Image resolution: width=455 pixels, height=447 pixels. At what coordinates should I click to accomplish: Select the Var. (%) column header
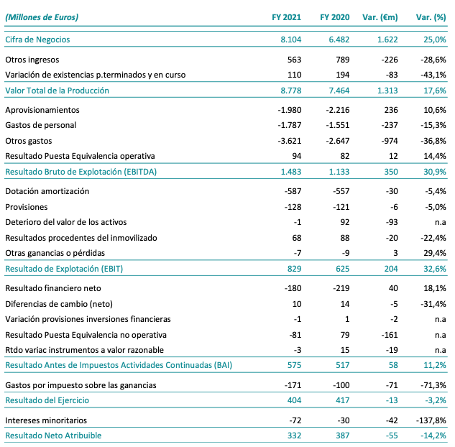click(x=432, y=17)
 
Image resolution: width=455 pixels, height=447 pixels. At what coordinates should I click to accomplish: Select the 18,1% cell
click(x=436, y=288)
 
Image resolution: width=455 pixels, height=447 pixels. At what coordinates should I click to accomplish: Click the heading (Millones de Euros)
click(x=42, y=17)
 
